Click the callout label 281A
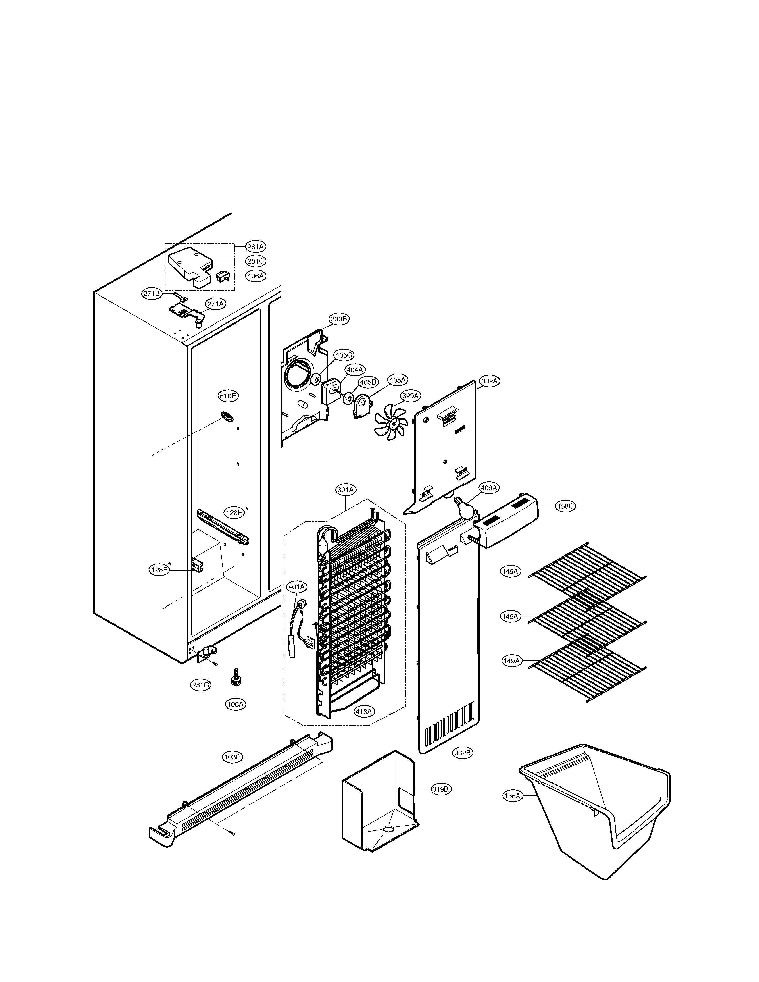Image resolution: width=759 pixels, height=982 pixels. (255, 246)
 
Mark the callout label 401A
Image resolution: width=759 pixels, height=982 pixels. (297, 587)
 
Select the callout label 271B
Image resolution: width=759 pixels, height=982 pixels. (152, 294)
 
